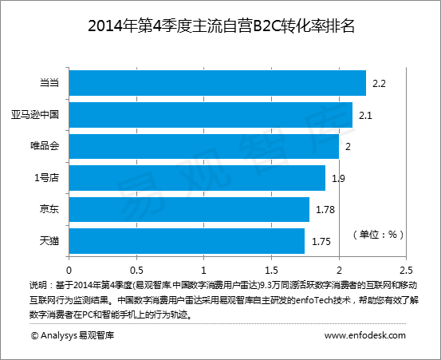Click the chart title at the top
[x=220, y=26]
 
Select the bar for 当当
[x=218, y=83]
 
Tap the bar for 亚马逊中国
[x=211, y=115]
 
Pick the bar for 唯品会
[x=204, y=146]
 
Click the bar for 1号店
[x=197, y=178]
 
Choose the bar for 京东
[x=189, y=209]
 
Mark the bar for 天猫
[x=187, y=240]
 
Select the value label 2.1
[x=366, y=115]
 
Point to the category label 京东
[x=49, y=209]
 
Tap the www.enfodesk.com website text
[x=365, y=336]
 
